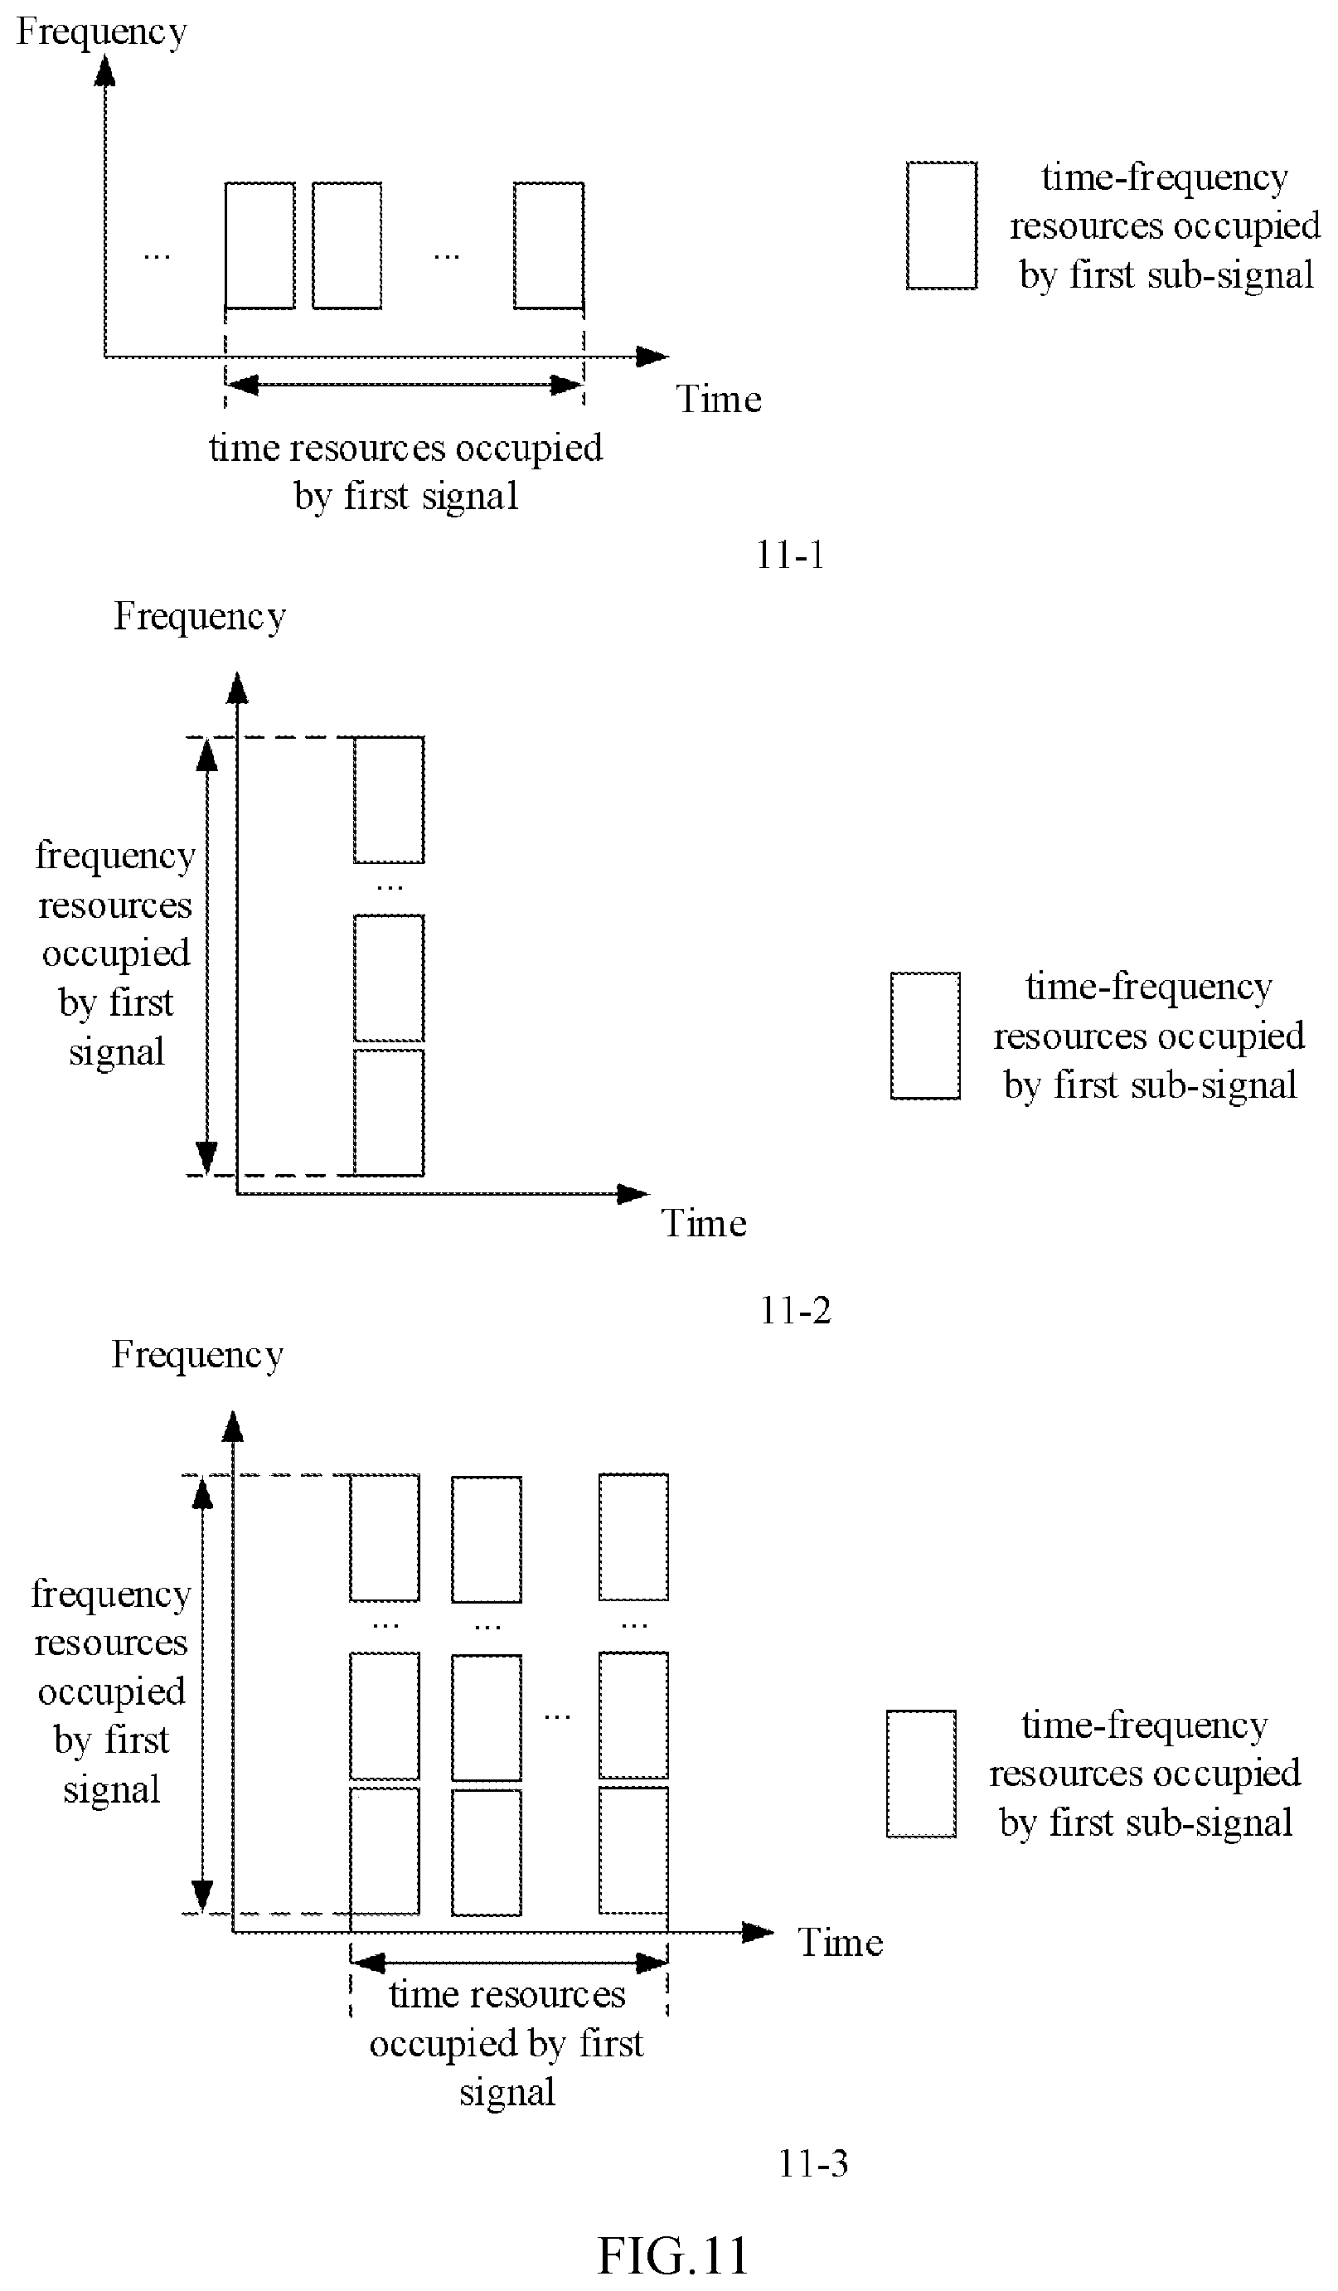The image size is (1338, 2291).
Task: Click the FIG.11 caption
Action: [x=672, y=2255]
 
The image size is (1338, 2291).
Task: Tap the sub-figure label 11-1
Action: [x=790, y=555]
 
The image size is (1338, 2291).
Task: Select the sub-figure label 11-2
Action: [x=795, y=1310]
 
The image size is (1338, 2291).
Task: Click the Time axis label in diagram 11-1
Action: [x=718, y=399]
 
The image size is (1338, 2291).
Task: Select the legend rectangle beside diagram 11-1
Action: [x=942, y=226]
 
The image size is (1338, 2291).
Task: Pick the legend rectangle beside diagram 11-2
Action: [x=925, y=1036]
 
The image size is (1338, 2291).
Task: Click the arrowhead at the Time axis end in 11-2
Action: [x=633, y=1194]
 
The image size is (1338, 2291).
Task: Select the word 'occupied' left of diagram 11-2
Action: [x=115, y=954]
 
